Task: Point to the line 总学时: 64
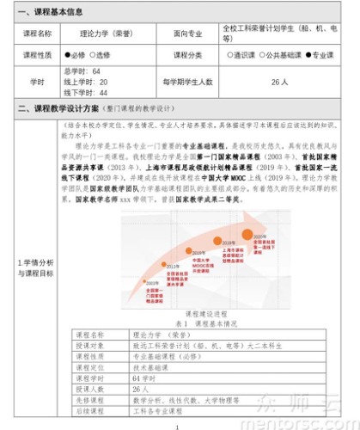[82, 71]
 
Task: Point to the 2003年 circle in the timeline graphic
[151, 281]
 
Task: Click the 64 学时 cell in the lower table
[145, 377]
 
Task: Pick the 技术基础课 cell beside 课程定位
[150, 365]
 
